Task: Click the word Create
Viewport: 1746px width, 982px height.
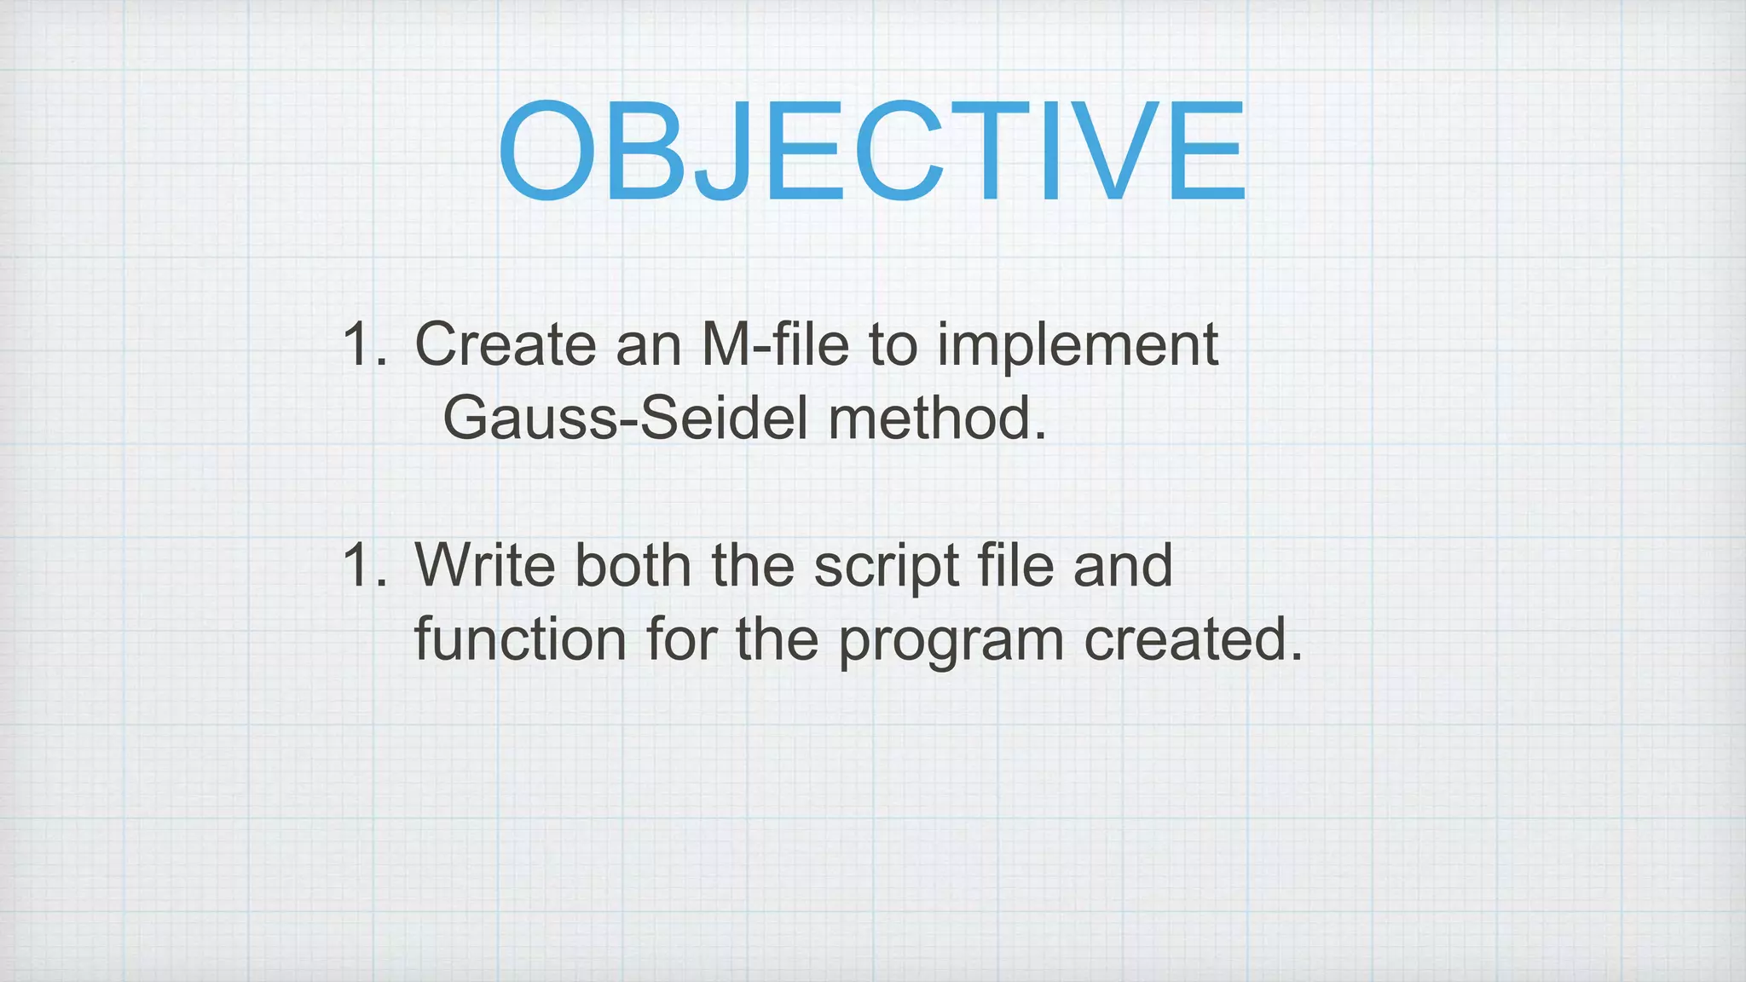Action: tap(505, 344)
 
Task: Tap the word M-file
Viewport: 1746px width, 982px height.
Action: tap(775, 344)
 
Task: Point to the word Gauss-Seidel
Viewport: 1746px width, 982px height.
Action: tap(624, 419)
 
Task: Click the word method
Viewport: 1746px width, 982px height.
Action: tap(936, 419)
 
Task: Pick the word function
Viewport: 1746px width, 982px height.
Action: tap(520, 639)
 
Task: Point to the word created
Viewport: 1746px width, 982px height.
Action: tap(1193, 639)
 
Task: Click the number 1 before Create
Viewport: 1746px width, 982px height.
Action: tap(358, 344)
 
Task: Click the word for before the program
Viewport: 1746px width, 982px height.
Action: tap(681, 639)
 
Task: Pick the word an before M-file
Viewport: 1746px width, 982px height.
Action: tap(648, 346)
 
